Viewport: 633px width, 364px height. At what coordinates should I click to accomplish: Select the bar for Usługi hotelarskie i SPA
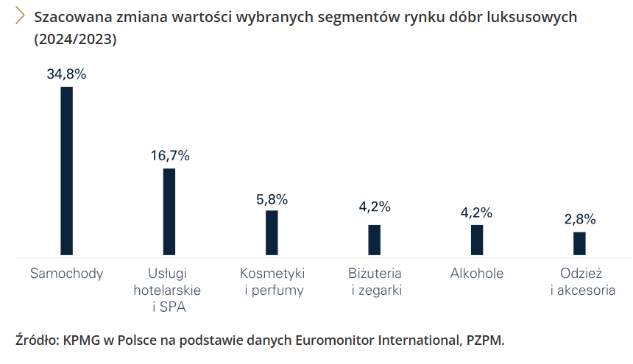(169, 213)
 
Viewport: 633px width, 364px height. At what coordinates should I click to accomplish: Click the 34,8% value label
(66, 74)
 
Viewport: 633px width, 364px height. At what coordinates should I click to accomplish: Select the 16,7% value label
(170, 155)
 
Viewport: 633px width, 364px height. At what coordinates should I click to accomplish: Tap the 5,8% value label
(272, 199)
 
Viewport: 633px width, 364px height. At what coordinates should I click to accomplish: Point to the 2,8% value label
(580, 219)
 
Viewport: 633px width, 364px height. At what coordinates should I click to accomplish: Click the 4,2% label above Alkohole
(476, 213)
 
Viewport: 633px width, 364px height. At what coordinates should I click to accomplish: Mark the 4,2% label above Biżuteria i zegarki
(375, 207)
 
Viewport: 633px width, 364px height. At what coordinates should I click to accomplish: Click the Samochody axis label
(66, 274)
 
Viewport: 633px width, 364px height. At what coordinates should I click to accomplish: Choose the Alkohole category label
(477, 274)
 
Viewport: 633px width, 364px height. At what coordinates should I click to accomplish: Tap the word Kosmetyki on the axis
(272, 274)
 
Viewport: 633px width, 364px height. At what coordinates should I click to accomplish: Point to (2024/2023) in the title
(75, 40)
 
